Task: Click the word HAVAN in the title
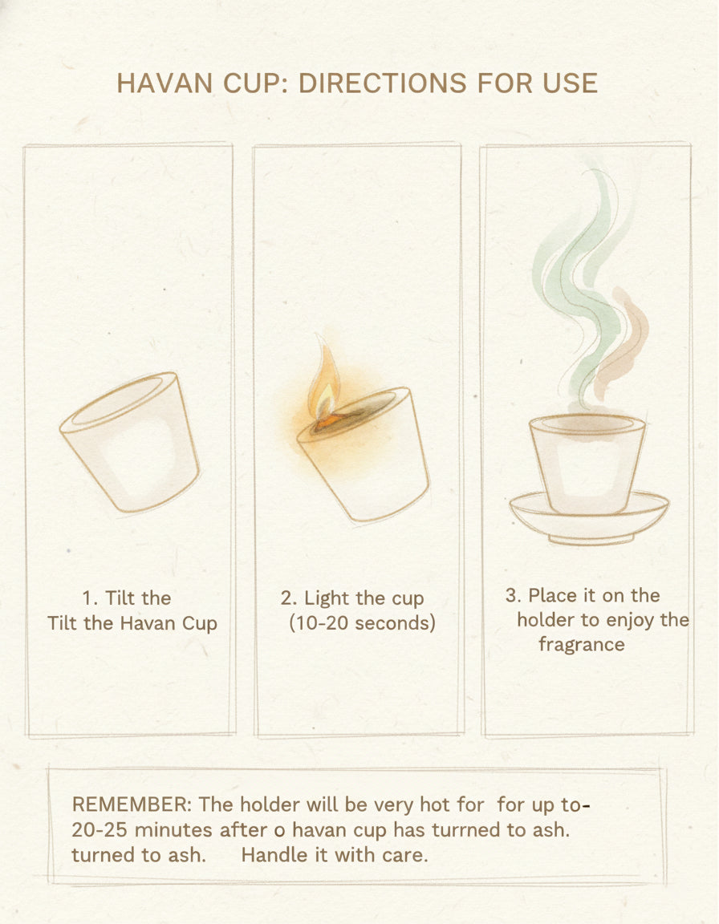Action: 165,83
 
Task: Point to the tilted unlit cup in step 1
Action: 130,442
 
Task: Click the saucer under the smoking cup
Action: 589,517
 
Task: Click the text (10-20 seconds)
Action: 362,623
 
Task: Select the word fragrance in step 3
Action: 582,645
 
